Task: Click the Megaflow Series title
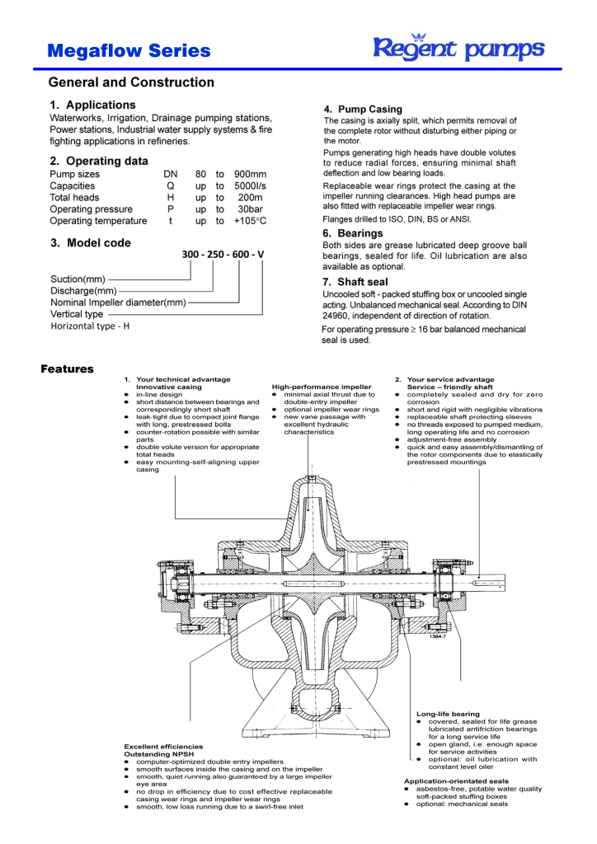[x=129, y=51]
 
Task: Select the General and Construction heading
[x=131, y=82]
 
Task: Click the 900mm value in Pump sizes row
[x=250, y=175]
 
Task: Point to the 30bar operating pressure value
[x=251, y=209]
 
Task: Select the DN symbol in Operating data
[x=170, y=175]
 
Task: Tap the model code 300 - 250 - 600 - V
[x=223, y=255]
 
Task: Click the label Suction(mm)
[x=78, y=279]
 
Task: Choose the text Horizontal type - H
[x=90, y=326]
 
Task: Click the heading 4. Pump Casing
[x=363, y=109]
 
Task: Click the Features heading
[x=67, y=368]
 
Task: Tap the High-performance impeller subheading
[x=322, y=386]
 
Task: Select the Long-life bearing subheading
[x=448, y=714]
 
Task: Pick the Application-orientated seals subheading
[x=456, y=781]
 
